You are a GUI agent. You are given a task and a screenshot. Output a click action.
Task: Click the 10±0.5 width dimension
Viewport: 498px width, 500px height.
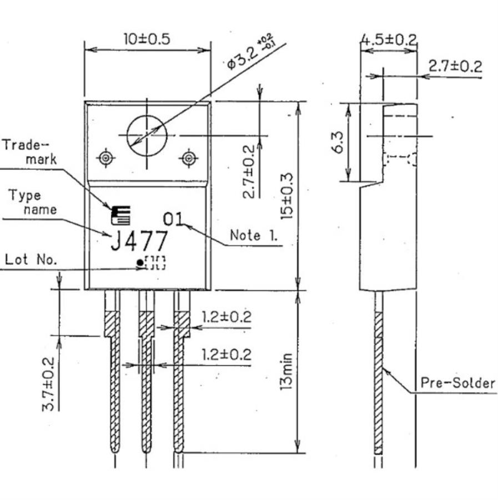146,39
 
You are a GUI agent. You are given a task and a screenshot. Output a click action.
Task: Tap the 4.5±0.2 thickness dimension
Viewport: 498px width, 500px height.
388,39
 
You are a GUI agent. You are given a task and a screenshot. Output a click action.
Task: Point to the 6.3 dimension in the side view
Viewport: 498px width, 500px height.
340,143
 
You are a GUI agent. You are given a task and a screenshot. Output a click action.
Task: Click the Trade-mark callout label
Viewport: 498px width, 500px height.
28,152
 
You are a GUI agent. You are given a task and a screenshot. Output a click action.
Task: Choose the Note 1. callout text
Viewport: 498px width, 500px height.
254,235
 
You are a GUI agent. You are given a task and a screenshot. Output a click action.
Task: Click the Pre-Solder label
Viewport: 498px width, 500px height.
456,382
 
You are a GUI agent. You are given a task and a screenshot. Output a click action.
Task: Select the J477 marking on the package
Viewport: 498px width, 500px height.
139,242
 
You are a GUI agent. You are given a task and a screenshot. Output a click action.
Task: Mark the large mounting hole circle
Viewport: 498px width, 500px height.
147,135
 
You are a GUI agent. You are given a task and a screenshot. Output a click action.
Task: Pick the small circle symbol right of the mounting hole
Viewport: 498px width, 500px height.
189,158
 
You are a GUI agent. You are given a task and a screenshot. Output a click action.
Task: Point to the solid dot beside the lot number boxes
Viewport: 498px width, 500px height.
139,264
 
